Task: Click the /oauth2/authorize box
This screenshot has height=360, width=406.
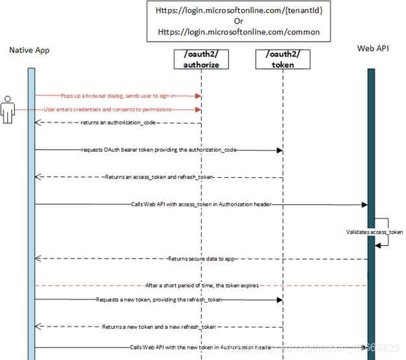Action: tap(201, 59)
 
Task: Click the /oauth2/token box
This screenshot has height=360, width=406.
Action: tap(283, 59)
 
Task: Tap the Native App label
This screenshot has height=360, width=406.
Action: tap(29, 50)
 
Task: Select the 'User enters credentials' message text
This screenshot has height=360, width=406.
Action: tap(108, 109)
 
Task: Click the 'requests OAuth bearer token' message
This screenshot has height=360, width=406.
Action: tap(159, 150)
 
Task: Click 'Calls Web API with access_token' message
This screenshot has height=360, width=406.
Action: tap(200, 204)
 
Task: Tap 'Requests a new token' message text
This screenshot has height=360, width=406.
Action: tap(159, 299)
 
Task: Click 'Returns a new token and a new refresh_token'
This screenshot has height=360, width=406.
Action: tap(159, 326)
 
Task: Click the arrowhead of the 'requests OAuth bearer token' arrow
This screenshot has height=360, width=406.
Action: tap(280, 150)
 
